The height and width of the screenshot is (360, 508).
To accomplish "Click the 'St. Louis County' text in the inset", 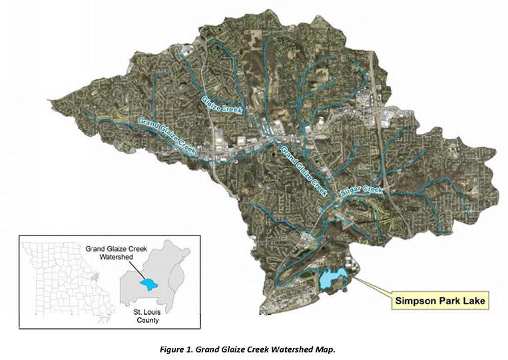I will (145, 315).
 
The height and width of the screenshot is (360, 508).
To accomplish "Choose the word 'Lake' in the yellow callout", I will (472, 301).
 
